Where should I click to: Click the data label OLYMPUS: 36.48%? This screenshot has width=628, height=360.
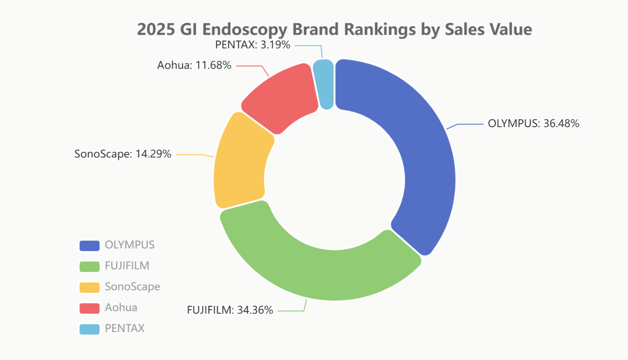[533, 123]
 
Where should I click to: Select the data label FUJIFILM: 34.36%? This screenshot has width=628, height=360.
[230, 310]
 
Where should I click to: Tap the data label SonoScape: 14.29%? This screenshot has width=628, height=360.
[123, 154]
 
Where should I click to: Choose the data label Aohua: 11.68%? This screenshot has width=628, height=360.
[194, 65]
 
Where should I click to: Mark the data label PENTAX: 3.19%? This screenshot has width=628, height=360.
[252, 45]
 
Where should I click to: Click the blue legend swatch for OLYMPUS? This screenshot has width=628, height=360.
[89, 245]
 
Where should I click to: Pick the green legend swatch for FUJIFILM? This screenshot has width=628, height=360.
[89, 266]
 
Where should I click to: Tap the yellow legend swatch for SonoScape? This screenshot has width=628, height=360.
[89, 287]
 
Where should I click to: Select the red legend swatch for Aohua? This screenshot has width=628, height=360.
[89, 308]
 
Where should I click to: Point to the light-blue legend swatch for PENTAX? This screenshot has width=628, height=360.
[89, 329]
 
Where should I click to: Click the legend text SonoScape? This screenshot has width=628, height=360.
[132, 287]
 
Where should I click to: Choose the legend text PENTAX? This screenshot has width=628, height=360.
[124, 329]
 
